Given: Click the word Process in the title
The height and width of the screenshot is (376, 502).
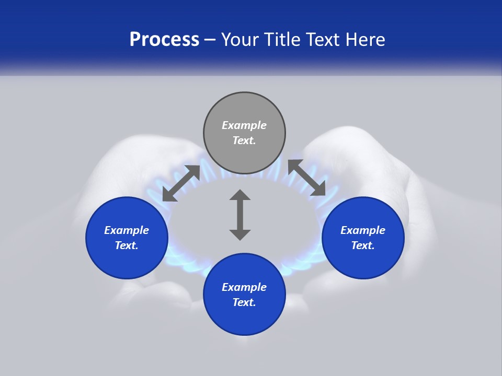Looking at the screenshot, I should [164, 40].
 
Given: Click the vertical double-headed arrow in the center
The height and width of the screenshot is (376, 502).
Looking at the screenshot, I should [240, 215].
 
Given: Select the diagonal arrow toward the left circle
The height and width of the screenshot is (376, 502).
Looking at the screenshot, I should [181, 183].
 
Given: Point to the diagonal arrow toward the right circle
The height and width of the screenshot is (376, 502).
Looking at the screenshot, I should [307, 178].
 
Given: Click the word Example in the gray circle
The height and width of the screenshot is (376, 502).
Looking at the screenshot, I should [244, 125].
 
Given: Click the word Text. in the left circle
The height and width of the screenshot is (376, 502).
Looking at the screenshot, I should [127, 246].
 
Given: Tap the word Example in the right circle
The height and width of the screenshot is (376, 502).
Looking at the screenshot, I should [363, 230].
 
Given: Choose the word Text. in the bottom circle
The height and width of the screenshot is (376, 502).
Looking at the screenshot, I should [244, 303].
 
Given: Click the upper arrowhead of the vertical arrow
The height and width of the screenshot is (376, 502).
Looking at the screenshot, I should [240, 195].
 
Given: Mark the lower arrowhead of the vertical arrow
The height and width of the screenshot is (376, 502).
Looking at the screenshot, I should [240, 234].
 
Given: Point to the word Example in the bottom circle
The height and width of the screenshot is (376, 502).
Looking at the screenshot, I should [244, 287].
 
